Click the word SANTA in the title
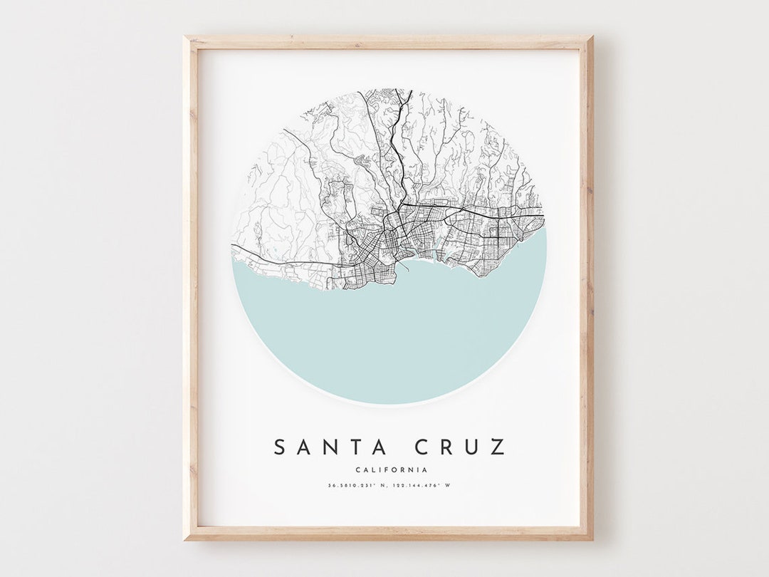tap(330, 447)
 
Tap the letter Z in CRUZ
tap(498, 447)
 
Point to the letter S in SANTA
tap(282, 447)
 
